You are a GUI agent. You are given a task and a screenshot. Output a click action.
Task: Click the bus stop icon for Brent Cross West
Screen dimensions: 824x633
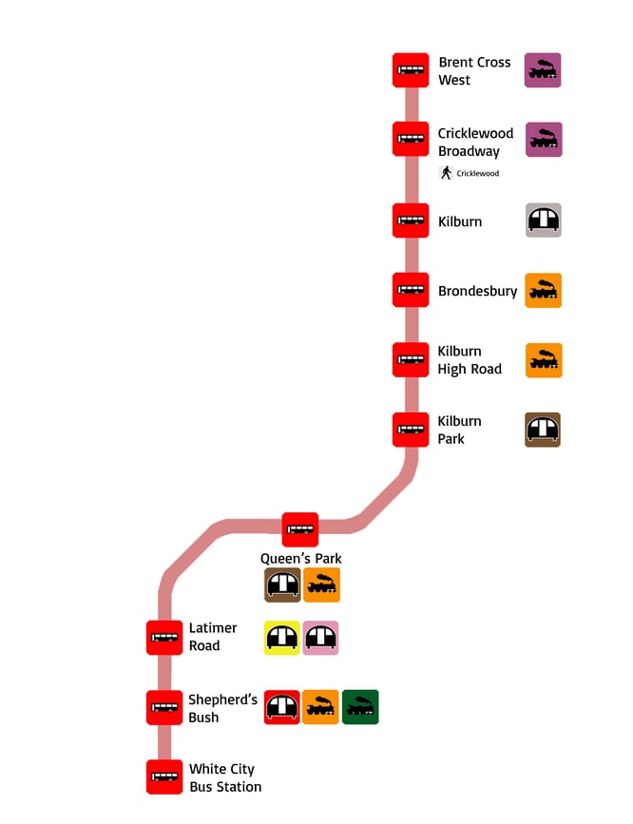coord(411,70)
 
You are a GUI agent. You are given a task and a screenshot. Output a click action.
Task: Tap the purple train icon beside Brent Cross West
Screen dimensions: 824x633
coord(543,70)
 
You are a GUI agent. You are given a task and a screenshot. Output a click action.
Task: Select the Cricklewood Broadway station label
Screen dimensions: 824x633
coord(474,142)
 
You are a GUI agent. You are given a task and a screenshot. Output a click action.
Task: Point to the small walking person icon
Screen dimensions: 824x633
coord(446,173)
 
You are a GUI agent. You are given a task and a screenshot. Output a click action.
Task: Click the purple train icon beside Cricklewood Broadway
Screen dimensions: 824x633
coord(544,139)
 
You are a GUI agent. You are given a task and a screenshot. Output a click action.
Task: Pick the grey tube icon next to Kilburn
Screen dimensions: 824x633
coord(544,220)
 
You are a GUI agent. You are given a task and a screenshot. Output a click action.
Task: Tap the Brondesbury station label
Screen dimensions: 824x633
coord(477,291)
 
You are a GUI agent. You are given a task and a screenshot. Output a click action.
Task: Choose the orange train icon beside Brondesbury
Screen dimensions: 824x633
coord(544,291)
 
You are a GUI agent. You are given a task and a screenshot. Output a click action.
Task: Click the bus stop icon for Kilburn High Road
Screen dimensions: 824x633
coord(411,359)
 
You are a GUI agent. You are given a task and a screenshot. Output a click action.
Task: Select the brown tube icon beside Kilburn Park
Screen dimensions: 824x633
coord(543,430)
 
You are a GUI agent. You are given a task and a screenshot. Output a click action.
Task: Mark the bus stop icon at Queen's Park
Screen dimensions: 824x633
coord(300,529)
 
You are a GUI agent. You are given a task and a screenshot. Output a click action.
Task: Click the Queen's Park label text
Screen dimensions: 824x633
coord(301,558)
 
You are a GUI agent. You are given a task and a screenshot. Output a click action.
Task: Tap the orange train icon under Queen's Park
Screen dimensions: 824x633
coord(322,585)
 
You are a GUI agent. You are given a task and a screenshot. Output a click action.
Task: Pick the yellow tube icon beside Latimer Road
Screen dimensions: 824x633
coord(282,638)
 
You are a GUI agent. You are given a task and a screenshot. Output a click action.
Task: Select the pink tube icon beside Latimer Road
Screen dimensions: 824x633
coord(320,638)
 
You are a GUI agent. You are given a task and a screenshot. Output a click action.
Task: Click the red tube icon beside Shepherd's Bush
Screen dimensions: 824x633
coord(282,707)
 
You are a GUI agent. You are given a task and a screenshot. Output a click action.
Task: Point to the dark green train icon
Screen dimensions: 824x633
coord(360,707)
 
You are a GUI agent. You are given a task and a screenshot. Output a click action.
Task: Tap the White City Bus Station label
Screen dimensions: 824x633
coord(224,777)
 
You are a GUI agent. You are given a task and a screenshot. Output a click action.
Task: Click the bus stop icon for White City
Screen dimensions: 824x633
coord(164,776)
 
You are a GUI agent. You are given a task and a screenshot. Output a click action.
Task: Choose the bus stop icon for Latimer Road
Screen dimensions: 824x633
coord(164,637)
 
